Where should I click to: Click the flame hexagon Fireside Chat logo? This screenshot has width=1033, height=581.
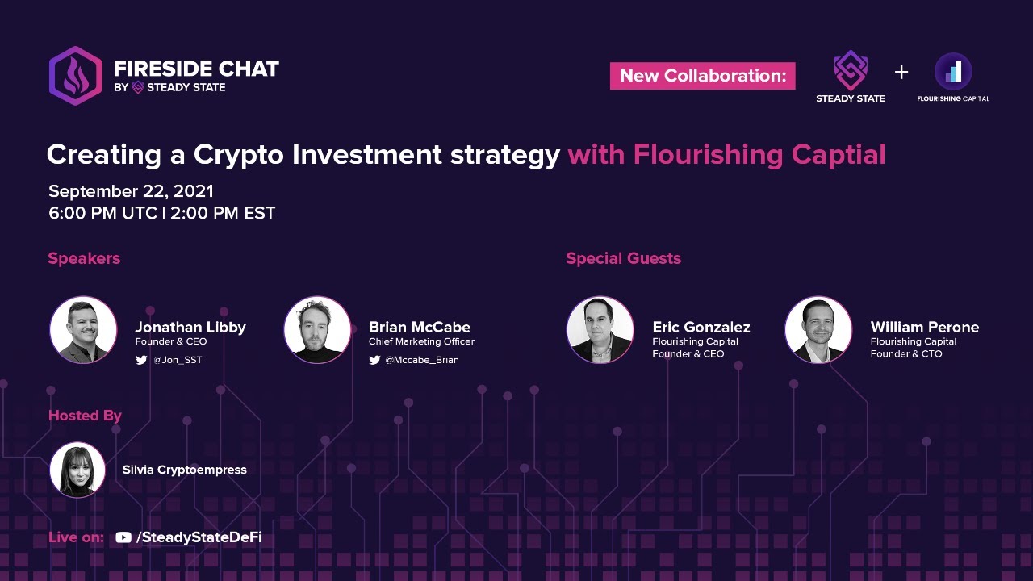tap(75, 76)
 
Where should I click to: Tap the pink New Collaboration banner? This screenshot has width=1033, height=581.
tap(702, 76)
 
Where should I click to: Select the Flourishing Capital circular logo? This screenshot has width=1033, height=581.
tap(953, 72)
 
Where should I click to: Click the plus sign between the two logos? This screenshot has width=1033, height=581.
tap(901, 73)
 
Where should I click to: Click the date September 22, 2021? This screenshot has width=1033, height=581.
tap(131, 191)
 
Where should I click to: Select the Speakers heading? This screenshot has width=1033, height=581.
tap(84, 258)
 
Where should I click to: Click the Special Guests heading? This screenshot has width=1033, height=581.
tap(623, 258)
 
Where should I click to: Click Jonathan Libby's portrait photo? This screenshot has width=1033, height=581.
tap(83, 330)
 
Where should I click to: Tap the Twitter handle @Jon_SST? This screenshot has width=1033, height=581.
tap(178, 360)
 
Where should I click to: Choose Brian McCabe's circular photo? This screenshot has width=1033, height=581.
tap(317, 330)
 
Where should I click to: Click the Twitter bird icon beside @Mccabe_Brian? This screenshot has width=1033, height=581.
tap(374, 360)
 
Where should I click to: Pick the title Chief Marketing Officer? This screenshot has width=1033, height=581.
tap(421, 341)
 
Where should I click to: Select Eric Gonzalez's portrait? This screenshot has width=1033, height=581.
tap(600, 330)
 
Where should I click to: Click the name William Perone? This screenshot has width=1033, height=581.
tap(924, 327)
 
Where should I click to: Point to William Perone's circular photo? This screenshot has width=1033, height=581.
tap(818, 330)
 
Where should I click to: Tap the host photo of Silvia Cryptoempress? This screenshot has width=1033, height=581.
tap(77, 470)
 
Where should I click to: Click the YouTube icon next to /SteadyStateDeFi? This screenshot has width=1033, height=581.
tap(123, 537)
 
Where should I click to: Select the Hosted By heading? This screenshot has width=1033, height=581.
tap(85, 416)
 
